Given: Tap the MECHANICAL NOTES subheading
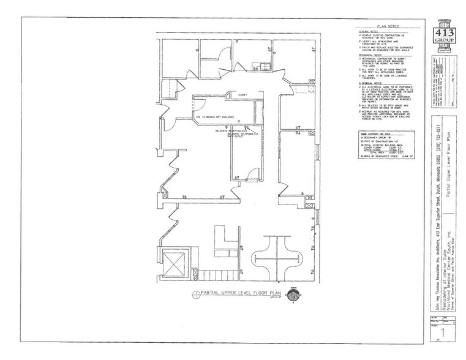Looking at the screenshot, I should click(371, 54).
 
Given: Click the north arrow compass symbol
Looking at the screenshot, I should click(294, 295).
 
